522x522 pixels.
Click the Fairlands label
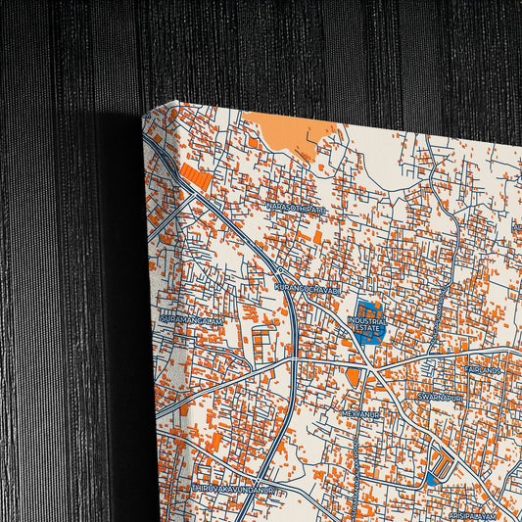click(x=484, y=370)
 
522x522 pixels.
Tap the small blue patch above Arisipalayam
click(x=431, y=480)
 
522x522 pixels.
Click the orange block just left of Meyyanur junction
click(x=353, y=377)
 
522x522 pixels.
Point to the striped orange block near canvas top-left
click(x=193, y=177)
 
